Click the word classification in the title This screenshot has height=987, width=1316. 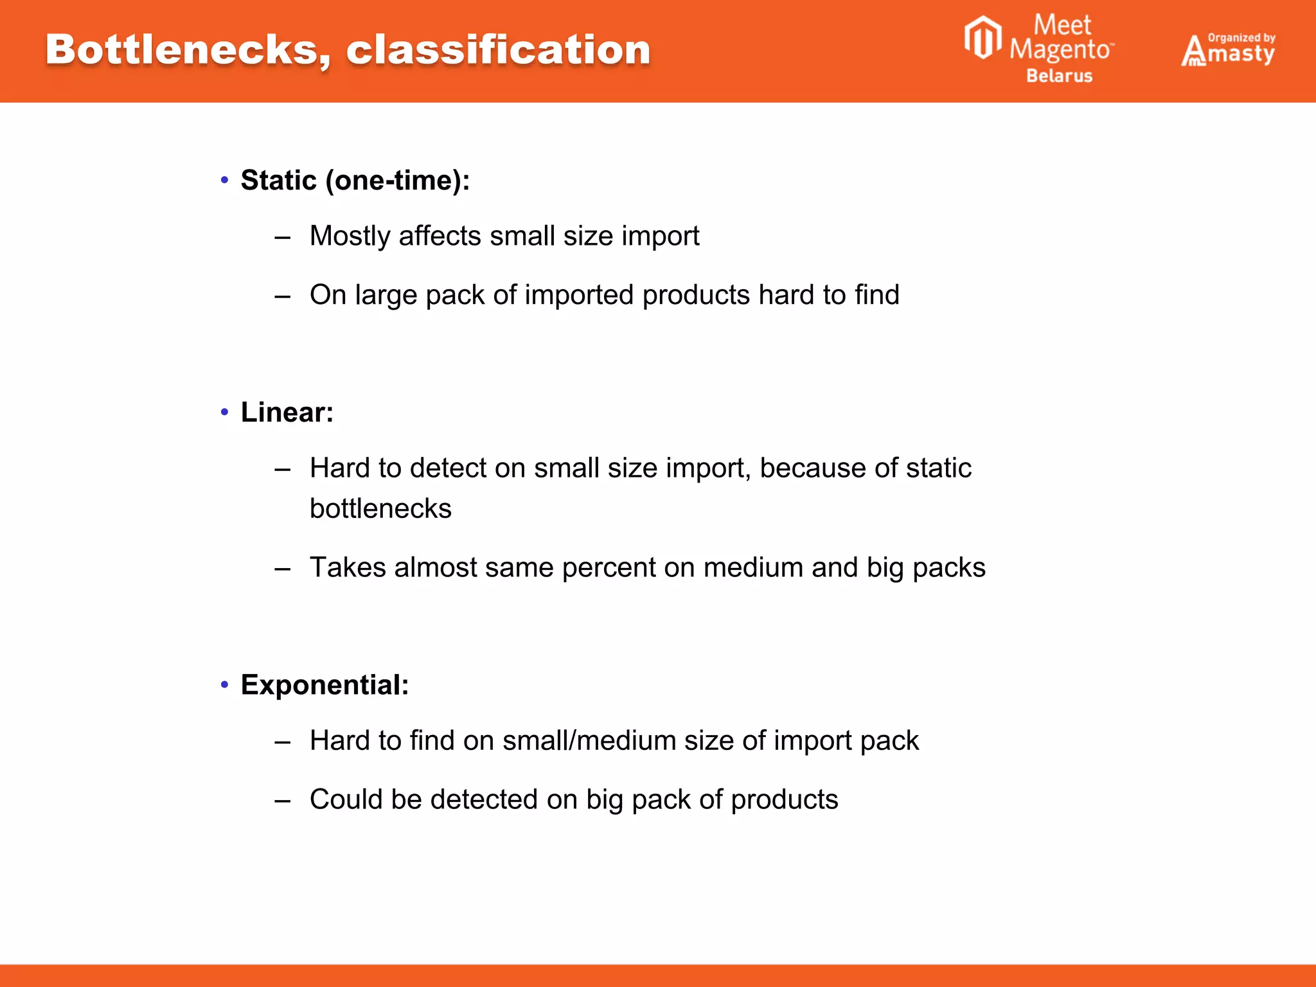click(498, 50)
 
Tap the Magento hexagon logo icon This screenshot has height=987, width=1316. click(983, 39)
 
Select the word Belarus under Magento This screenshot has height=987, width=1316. click(1059, 76)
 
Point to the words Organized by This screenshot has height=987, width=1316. click(1241, 38)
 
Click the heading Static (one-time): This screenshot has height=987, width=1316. click(355, 181)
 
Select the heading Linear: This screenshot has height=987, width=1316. click(287, 413)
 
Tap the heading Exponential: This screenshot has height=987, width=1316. click(325, 685)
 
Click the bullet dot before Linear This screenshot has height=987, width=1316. click(224, 412)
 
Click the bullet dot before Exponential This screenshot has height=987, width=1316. click(224, 684)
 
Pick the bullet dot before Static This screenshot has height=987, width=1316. click(224, 180)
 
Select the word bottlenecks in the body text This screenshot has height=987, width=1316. click(380, 509)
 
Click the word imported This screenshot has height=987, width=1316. click(579, 296)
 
